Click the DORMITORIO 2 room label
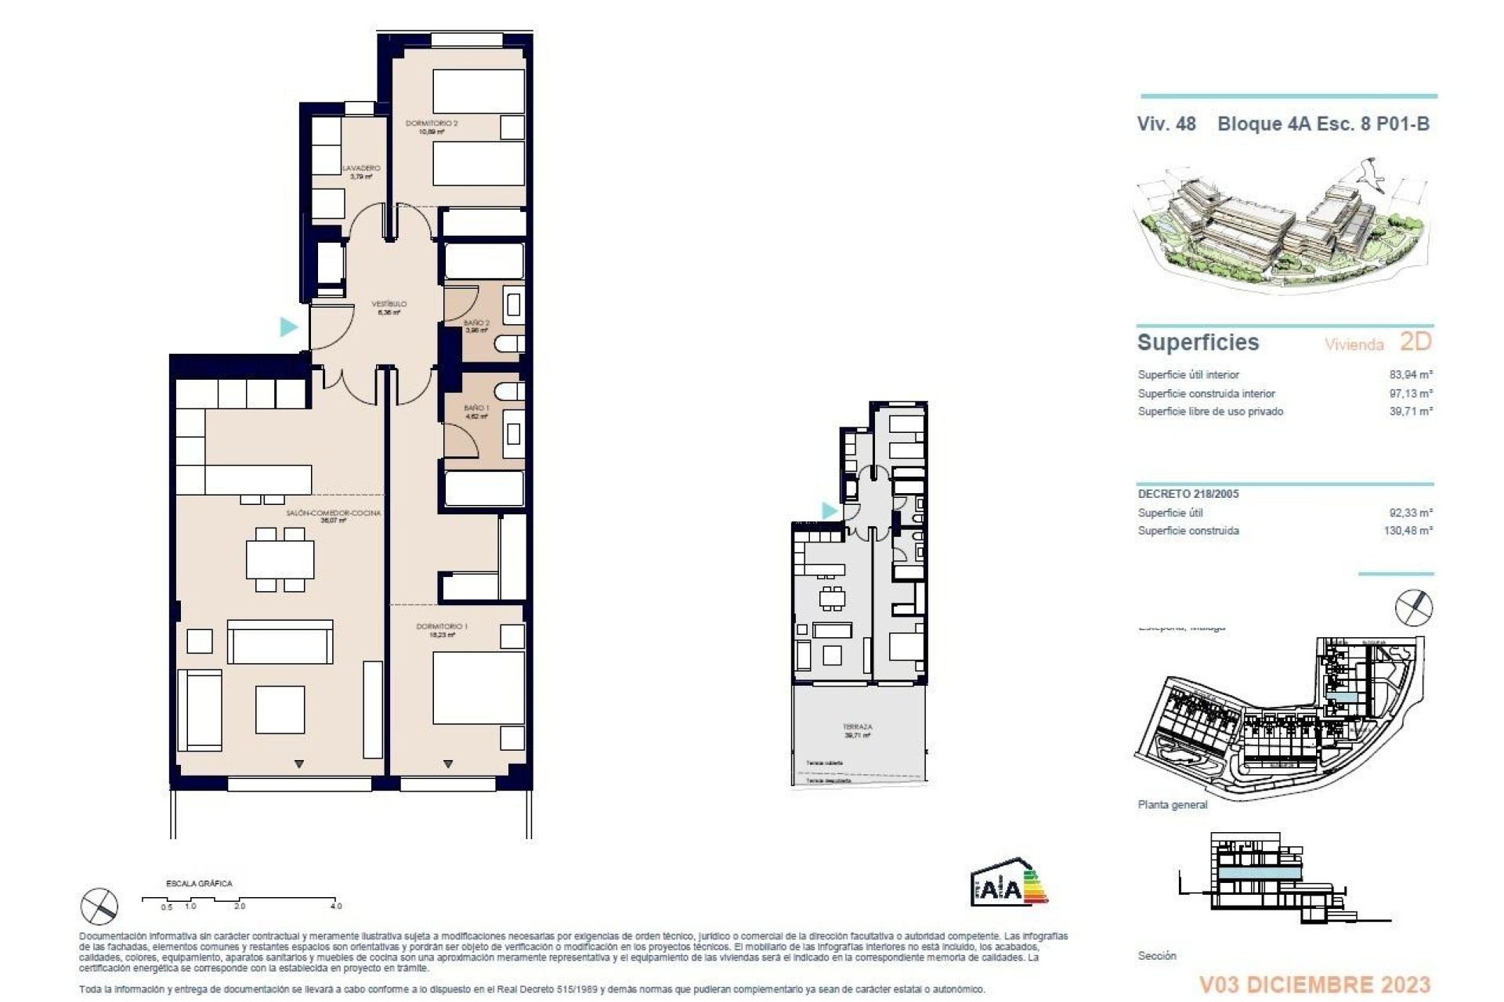(432, 124)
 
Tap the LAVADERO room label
(361, 168)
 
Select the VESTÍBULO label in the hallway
(389, 304)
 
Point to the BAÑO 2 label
(476, 323)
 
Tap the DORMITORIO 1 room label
(442, 626)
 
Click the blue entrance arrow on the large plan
(289, 326)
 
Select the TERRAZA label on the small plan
(857, 727)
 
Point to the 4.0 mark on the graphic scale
(335, 906)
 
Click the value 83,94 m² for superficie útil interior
(1410, 375)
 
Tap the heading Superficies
(1198, 343)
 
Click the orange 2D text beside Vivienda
(1415, 342)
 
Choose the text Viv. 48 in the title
(1166, 124)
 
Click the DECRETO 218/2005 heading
(1188, 494)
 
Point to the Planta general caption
(1172, 805)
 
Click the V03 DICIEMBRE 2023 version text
(1314, 984)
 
